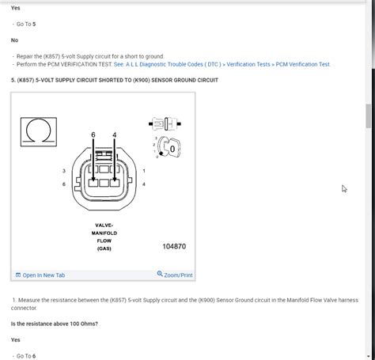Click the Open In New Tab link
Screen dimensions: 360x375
tap(44, 275)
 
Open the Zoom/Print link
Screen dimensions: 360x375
tap(175, 275)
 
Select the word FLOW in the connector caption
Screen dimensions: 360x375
tap(104, 241)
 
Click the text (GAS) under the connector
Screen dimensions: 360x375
tap(104, 248)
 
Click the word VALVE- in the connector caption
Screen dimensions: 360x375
tap(104, 225)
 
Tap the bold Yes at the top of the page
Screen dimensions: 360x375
tap(16, 8)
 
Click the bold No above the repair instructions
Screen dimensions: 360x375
tap(15, 40)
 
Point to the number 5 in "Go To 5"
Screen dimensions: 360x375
tap(34, 24)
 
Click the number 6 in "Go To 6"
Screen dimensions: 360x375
tap(34, 356)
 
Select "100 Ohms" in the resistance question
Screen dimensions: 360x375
tap(81, 324)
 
